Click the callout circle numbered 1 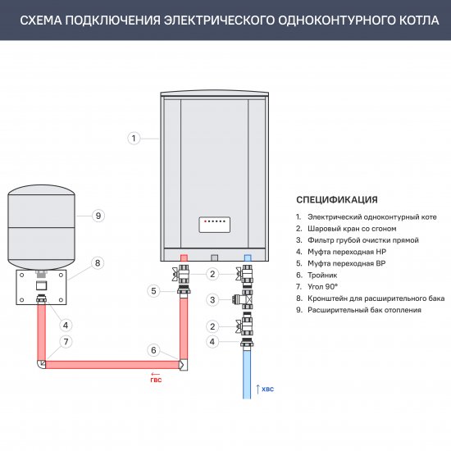pyautogui.click(x=134, y=139)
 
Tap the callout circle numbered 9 pyautogui.click(x=98, y=216)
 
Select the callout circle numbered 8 pyautogui.click(x=98, y=263)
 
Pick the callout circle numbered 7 pyautogui.click(x=66, y=342)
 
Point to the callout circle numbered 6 pyautogui.click(x=153, y=350)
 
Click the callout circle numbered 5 pyautogui.click(x=153, y=291)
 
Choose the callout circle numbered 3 pyautogui.click(x=212, y=300)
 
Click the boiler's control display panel pyautogui.click(x=215, y=225)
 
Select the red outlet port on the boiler pyautogui.click(x=184, y=257)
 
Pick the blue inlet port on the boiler pyautogui.click(x=248, y=257)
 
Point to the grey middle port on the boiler pyautogui.click(x=215, y=257)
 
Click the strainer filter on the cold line pyautogui.click(x=244, y=299)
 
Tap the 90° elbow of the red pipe pyautogui.click(x=42, y=364)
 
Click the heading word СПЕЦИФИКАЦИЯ pyautogui.click(x=337, y=199)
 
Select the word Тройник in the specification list pyautogui.click(x=322, y=276)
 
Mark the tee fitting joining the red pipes pyautogui.click(x=183, y=365)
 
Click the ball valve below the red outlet pyautogui.click(x=181, y=274)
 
